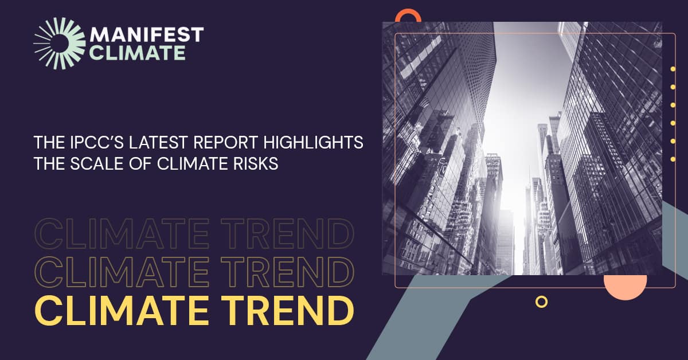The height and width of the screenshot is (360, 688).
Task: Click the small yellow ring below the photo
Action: [541, 301]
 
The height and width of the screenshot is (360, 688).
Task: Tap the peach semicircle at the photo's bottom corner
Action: [626, 286]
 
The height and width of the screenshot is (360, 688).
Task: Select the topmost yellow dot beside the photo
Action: [673, 69]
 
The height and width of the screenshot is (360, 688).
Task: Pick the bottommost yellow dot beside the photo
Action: [673, 158]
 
